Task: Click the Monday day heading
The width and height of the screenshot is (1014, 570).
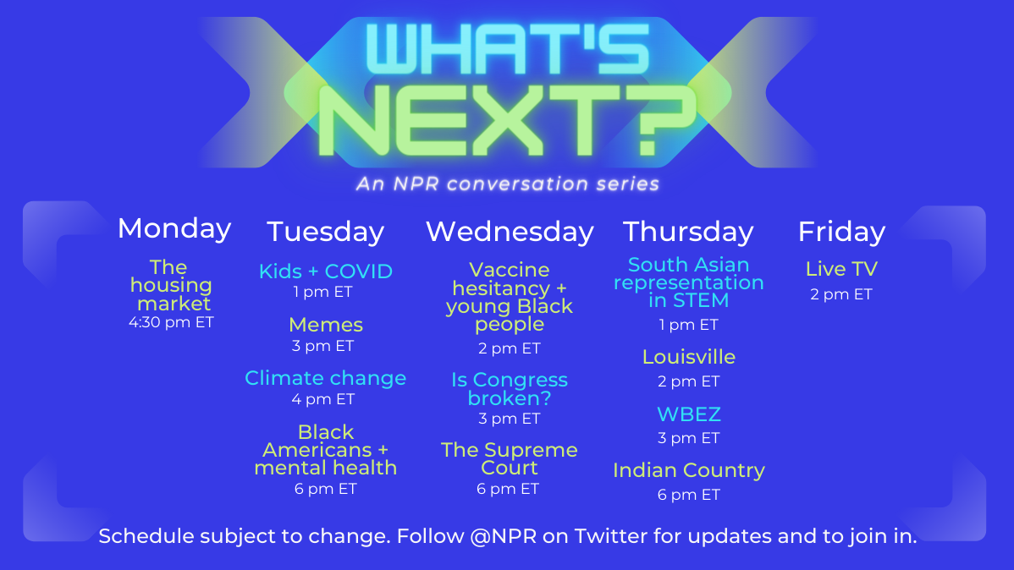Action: tap(174, 229)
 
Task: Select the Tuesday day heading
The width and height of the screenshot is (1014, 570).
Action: tap(325, 232)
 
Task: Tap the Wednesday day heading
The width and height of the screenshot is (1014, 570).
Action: tap(510, 232)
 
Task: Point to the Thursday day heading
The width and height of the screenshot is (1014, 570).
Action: tap(688, 232)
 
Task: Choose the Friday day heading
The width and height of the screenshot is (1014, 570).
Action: tap(841, 232)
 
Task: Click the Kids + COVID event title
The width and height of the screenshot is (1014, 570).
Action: tap(325, 271)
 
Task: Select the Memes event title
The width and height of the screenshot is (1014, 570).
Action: tap(325, 325)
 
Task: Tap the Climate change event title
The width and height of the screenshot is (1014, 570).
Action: tap(325, 378)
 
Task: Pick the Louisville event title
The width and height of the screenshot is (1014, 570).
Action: tap(689, 357)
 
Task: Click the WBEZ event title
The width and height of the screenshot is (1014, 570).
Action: tap(689, 414)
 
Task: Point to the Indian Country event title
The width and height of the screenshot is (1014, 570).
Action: tap(689, 470)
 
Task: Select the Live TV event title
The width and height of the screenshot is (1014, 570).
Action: tap(841, 269)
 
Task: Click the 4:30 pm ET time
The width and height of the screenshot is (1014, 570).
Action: tap(171, 322)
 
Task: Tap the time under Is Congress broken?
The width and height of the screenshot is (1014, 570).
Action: tap(510, 419)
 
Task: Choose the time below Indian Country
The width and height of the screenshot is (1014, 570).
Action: tap(689, 495)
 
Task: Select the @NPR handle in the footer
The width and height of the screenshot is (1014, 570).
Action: tap(503, 536)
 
